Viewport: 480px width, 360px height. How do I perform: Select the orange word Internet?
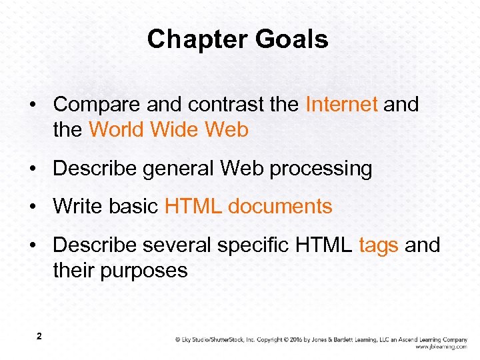tap(341, 105)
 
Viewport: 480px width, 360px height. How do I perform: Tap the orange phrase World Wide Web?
tap(168, 129)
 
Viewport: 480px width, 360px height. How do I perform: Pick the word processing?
tap(321, 169)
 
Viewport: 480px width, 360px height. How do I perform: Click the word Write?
tap(77, 207)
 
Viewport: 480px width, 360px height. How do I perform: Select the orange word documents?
tap(280, 207)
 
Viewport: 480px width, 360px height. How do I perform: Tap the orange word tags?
tap(379, 245)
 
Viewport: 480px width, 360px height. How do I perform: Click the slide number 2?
tap(39, 337)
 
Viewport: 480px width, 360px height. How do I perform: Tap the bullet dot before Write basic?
tap(33, 207)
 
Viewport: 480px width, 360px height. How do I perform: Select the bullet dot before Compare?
tap(33, 105)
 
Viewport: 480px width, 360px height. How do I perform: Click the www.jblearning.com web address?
tap(441, 347)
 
